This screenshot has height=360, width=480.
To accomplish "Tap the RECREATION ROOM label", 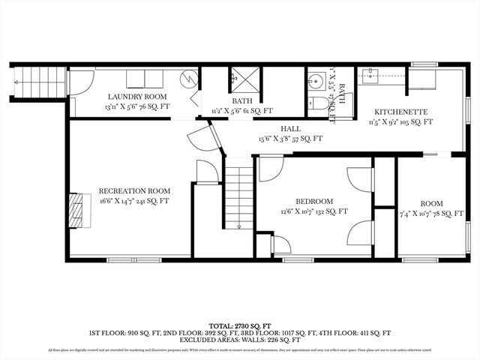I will point(134,190).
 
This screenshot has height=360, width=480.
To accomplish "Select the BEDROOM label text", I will point(314,201).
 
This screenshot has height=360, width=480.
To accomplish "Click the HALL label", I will point(290,128).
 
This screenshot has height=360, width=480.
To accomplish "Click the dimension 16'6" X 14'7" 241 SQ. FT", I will point(134,201).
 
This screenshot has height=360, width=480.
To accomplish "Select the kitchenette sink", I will point(370,75).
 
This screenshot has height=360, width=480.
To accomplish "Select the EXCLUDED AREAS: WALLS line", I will point(240,339).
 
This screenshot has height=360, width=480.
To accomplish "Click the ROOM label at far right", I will point(431,203).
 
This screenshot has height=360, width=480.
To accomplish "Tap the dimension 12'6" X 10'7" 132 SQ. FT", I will point(314,211).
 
